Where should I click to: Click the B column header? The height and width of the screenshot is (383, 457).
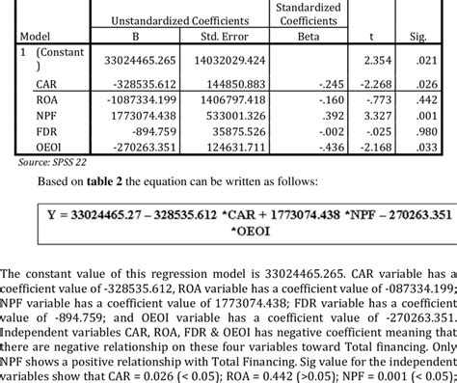pyautogui.click(x=144, y=39)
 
